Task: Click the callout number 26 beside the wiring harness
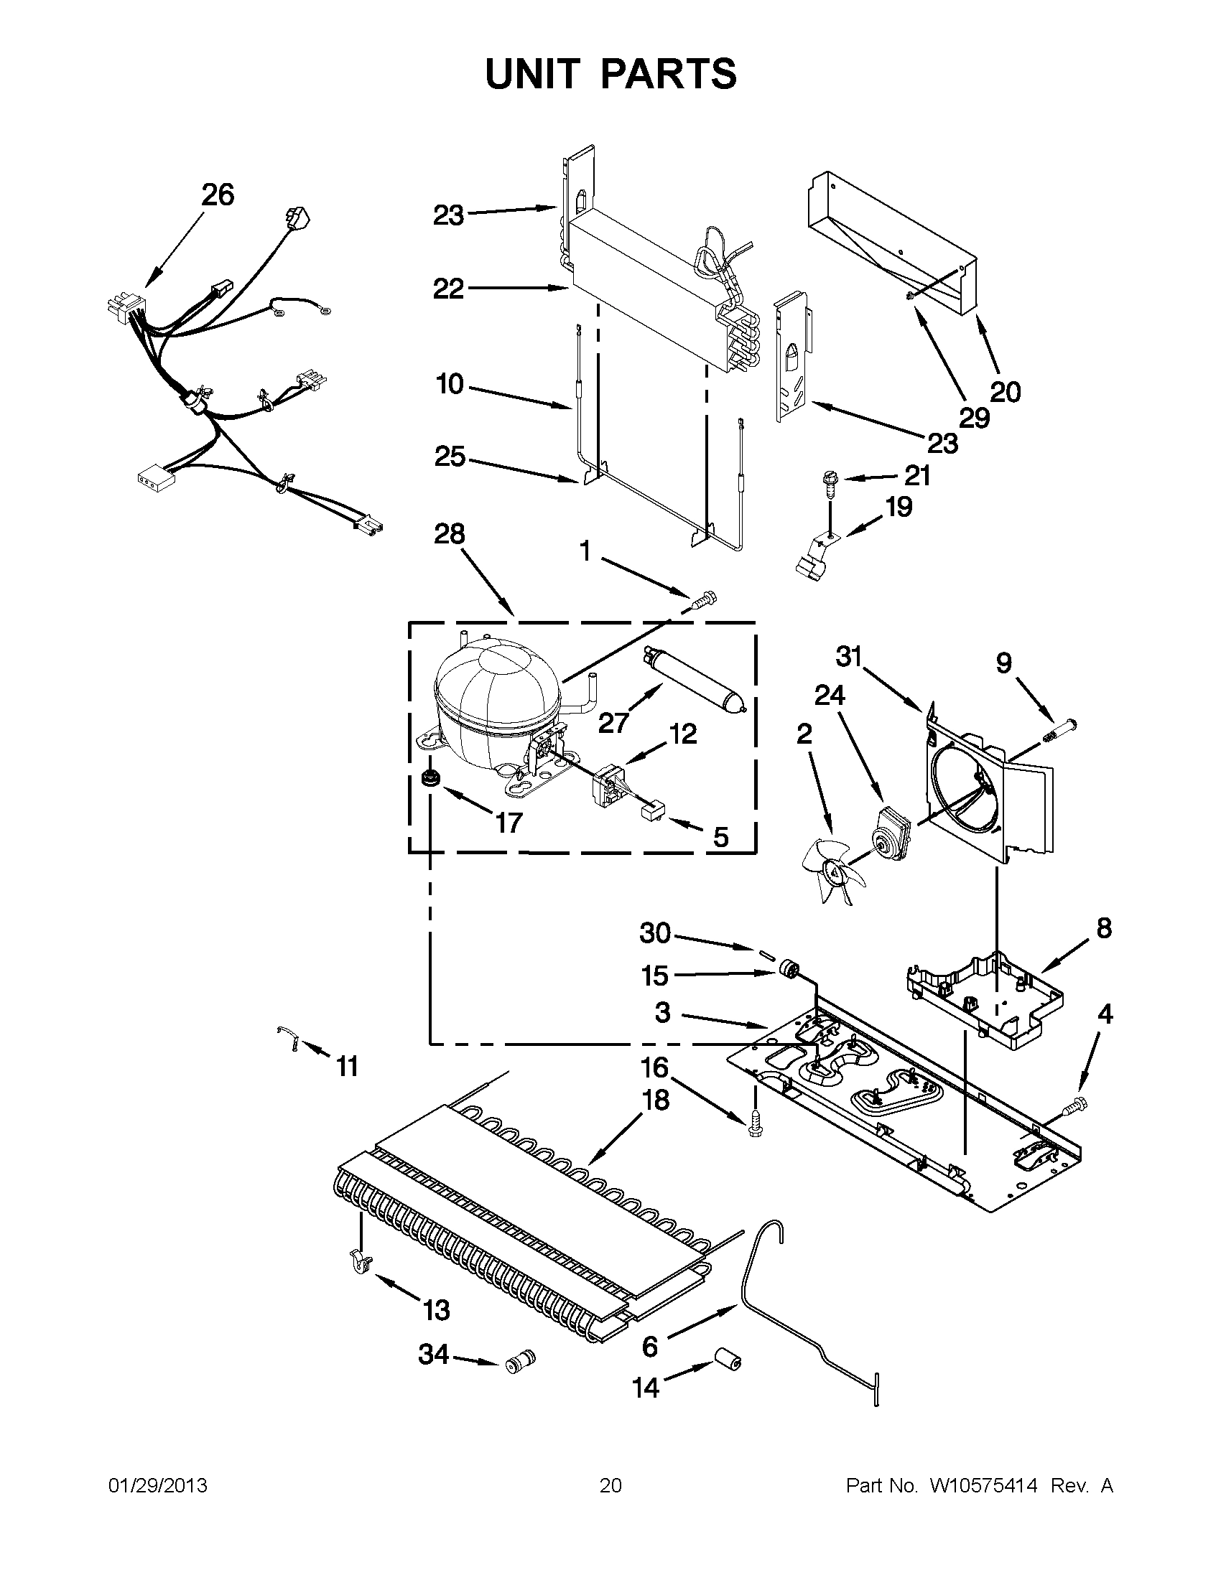tap(218, 195)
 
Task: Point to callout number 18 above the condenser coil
tap(654, 1100)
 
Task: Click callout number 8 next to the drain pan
tap(1103, 927)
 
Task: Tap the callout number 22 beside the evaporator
tap(448, 289)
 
